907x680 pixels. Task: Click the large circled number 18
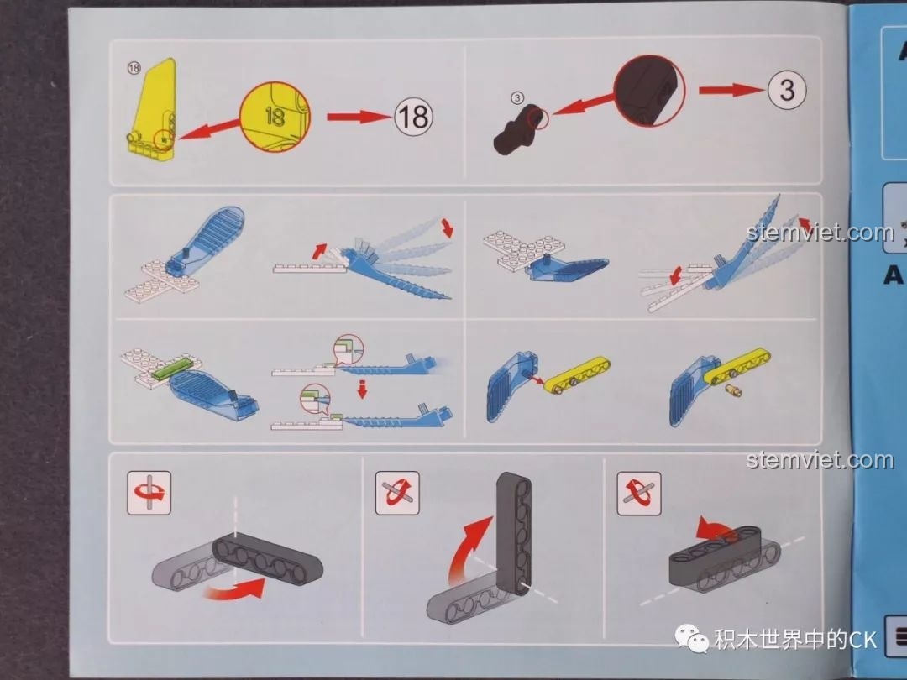click(413, 117)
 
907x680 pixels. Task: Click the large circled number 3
click(786, 89)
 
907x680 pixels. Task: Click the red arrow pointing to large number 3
click(727, 89)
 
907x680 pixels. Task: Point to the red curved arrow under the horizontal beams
click(237, 589)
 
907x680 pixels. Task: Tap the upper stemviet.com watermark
click(820, 233)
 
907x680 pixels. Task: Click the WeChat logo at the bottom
click(694, 641)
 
